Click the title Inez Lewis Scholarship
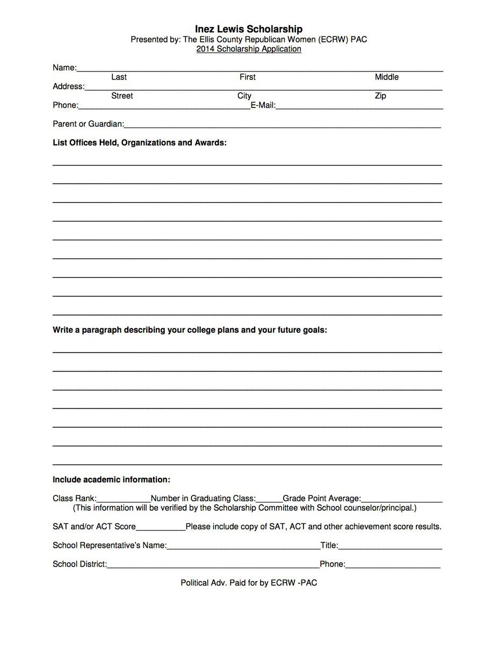point(249,29)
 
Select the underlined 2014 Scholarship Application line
point(249,49)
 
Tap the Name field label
point(64,68)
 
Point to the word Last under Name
point(119,77)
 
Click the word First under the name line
point(247,77)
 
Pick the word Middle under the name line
point(386,77)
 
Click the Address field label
point(68,87)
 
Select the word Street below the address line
point(122,96)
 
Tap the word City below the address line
point(244,96)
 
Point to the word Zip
point(380,96)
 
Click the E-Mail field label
point(263,105)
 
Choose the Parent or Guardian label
point(88,124)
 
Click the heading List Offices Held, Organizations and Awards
point(140,143)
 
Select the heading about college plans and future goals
point(190,330)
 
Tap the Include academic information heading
point(111,479)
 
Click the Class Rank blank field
point(124,498)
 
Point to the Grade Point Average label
point(322,498)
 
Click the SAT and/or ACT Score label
point(94,527)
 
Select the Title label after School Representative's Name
point(329,546)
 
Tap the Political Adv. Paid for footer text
point(249,583)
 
